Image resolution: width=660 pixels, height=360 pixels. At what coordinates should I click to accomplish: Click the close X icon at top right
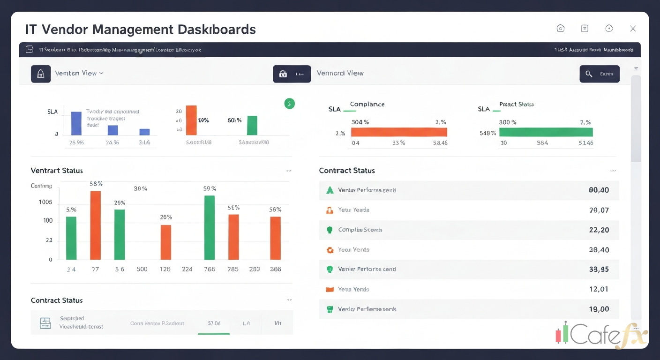633,29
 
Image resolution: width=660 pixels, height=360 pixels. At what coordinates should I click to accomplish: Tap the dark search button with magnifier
600,74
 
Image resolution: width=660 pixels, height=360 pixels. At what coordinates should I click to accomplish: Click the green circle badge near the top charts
290,104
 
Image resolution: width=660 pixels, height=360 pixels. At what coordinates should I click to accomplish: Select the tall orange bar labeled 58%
96,225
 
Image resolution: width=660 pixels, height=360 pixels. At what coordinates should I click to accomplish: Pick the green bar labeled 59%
210,227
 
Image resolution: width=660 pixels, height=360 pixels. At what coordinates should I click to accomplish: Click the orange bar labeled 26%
166,242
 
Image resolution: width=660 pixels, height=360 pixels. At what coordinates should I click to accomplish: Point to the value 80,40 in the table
599,190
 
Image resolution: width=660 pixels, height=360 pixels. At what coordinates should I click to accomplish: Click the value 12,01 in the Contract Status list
599,289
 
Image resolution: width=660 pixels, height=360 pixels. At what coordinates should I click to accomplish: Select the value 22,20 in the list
599,230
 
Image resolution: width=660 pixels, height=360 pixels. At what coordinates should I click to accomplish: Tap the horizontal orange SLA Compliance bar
399,132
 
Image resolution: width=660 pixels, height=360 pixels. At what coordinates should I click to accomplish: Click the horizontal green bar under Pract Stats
546,132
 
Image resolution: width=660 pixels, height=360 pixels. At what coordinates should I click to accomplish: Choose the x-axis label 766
210,269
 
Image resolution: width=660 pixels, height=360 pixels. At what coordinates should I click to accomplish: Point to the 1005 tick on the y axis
45,202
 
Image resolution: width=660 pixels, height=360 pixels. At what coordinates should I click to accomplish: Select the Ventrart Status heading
57,171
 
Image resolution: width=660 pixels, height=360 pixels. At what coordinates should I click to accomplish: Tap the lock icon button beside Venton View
41,74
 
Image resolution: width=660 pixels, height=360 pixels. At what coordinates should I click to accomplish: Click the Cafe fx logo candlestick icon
562,333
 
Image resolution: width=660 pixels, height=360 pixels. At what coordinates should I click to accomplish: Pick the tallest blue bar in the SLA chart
76,123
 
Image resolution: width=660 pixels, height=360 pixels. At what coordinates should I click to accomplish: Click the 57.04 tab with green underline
214,323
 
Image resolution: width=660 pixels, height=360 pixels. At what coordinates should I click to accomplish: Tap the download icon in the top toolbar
609,29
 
